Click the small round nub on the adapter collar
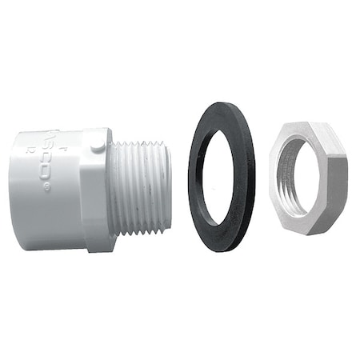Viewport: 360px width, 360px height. (97, 146)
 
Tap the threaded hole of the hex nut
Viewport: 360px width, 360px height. (294, 177)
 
